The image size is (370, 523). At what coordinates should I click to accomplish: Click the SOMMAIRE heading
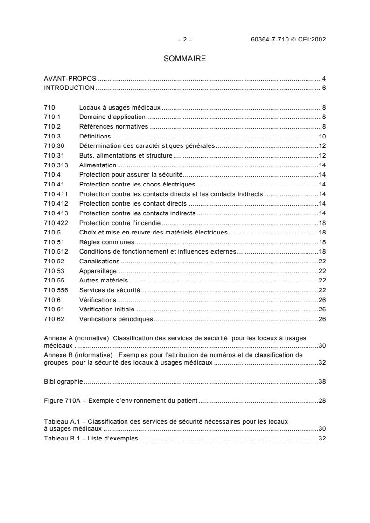(x=185, y=59)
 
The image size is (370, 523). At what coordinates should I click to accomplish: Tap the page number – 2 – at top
(x=185, y=39)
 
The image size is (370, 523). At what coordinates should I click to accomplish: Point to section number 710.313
(x=54, y=165)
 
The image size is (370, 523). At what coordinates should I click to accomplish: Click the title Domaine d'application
(x=112, y=117)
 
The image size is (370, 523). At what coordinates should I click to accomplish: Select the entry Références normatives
(x=113, y=126)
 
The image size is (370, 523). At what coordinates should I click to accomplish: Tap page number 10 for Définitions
(x=322, y=136)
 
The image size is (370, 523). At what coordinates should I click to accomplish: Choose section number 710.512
(x=54, y=252)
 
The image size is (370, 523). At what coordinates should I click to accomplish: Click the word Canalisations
(x=99, y=261)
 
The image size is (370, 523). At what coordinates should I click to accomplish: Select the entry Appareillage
(x=98, y=271)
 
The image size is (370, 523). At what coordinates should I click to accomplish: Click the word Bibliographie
(x=63, y=381)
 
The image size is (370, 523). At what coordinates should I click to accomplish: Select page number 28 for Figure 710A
(x=322, y=400)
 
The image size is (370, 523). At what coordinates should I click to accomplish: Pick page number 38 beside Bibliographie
(x=322, y=381)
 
